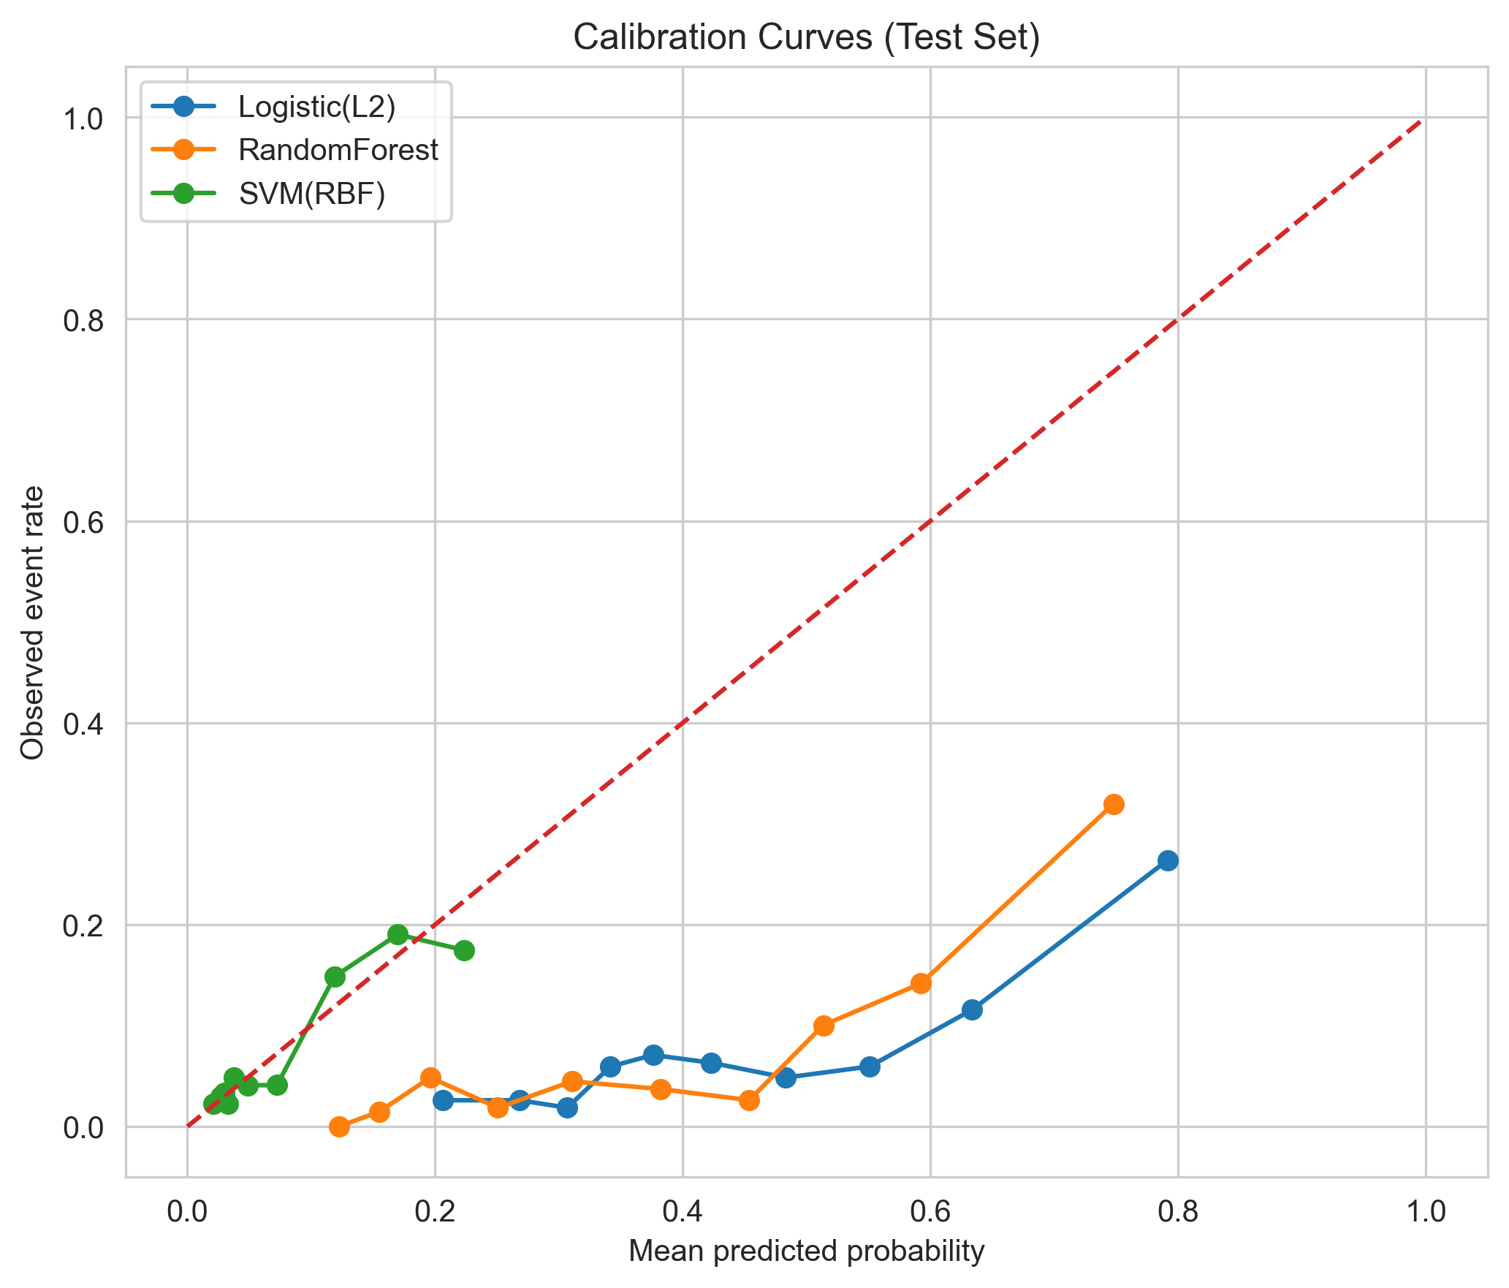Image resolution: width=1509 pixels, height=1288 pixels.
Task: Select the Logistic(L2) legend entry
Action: [x=316, y=107]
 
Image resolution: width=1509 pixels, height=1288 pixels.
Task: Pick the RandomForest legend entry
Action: [x=338, y=150]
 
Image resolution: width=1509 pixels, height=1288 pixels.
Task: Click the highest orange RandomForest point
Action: [x=1113, y=805]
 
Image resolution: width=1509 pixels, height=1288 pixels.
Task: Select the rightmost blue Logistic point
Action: [x=1168, y=860]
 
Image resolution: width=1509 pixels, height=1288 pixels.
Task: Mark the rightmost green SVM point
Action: [x=464, y=951]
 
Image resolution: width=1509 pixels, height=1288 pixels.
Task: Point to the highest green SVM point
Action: [x=398, y=934]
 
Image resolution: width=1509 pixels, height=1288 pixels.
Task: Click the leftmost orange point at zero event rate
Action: [x=339, y=1126]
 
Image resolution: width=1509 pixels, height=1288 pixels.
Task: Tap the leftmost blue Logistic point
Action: [x=443, y=1100]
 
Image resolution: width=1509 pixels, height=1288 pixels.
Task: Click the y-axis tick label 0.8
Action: [x=83, y=320]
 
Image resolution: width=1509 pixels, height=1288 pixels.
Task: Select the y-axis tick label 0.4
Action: [x=83, y=724]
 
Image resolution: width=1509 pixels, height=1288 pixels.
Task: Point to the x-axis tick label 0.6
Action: [x=930, y=1212]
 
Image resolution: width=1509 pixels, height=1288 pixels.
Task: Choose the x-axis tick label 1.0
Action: [x=1425, y=1212]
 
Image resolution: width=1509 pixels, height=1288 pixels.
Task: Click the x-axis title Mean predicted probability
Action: [x=806, y=1252]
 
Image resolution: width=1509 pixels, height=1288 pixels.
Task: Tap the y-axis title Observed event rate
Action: [x=32, y=623]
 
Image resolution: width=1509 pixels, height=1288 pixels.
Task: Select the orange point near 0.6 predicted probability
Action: [x=921, y=984]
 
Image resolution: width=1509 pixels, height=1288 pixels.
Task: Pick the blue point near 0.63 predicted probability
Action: [x=972, y=1010]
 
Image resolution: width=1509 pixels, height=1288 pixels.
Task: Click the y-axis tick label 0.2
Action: [x=83, y=925]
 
